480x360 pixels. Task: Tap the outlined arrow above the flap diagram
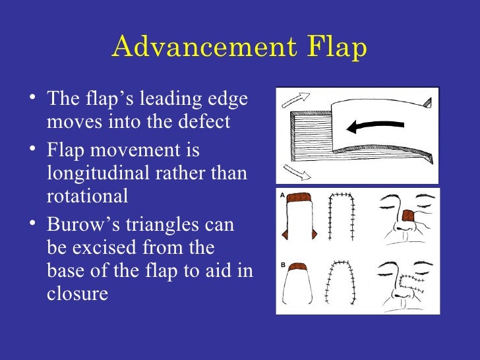coord(295,100)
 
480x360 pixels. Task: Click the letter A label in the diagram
coord(282,196)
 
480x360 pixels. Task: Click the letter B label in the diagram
coord(282,265)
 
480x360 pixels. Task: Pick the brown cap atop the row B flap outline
coord(301,266)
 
